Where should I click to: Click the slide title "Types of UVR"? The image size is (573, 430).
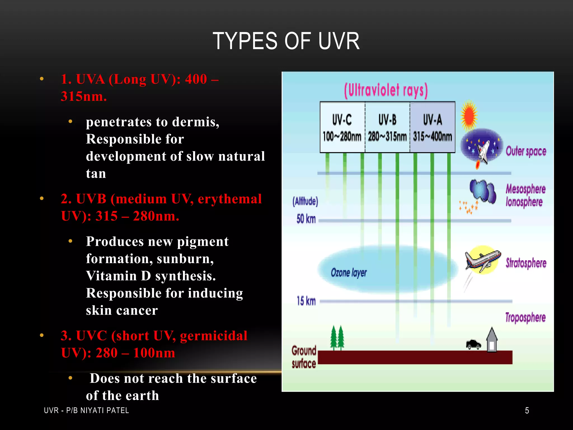point(286,41)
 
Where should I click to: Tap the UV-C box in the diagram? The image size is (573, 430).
point(342,127)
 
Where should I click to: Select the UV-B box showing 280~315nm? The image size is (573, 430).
point(387,127)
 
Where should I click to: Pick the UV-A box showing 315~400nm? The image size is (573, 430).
point(433,127)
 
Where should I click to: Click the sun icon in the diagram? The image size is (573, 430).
point(469,115)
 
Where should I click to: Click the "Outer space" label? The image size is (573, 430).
point(526,151)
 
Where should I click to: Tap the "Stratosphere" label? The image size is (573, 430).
point(526,263)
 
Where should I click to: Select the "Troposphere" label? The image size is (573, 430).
point(525,317)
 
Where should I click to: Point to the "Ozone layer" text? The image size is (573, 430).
point(349,272)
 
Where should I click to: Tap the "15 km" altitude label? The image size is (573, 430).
point(306,301)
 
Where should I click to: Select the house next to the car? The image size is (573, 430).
point(492,340)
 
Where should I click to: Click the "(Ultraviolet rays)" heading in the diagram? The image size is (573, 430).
point(386,90)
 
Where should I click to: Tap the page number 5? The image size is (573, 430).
point(527,410)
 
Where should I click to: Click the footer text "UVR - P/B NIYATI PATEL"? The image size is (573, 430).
point(86,410)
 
